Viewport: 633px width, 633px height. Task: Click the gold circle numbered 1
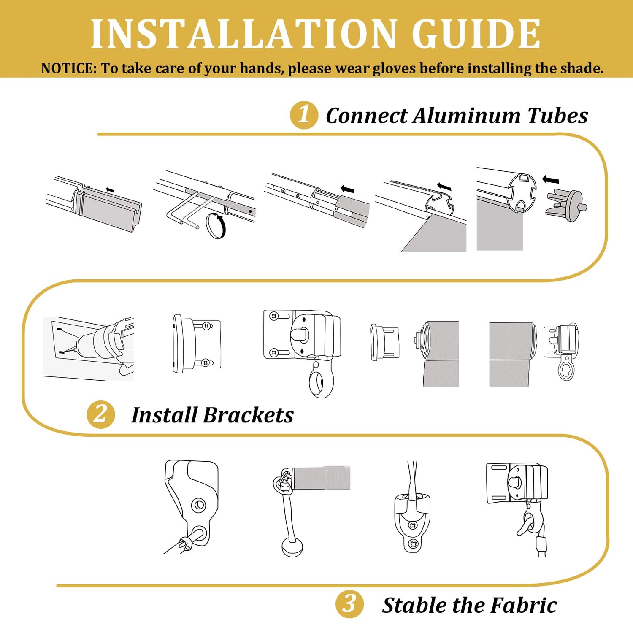tap(304, 115)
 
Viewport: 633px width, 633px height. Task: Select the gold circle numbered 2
tap(101, 414)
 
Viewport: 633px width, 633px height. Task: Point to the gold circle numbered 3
tap(349, 604)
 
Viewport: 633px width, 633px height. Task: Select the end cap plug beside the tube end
tap(566, 206)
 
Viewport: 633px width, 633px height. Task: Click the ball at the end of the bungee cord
tap(292, 548)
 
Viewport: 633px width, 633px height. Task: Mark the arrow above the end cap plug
tap(550, 180)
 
